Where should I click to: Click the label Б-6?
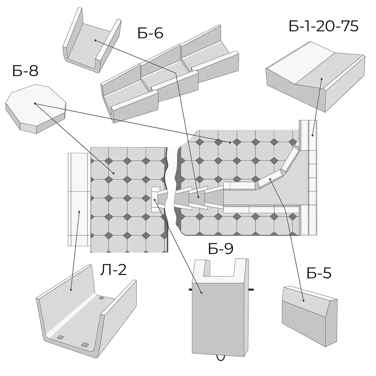[x=150, y=33]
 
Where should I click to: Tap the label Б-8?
[x=26, y=71]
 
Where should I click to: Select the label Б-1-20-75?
[x=323, y=26]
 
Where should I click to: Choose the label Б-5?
[x=319, y=273]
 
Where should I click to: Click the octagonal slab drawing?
[x=35, y=109]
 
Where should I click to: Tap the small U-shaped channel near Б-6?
[x=92, y=40]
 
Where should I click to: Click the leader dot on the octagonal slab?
[x=35, y=104]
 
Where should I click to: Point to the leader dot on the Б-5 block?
[x=303, y=301]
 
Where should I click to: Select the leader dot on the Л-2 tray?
[x=71, y=290]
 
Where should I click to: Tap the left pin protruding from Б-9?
[x=191, y=290]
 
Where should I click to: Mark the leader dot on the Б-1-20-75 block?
[x=321, y=79]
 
